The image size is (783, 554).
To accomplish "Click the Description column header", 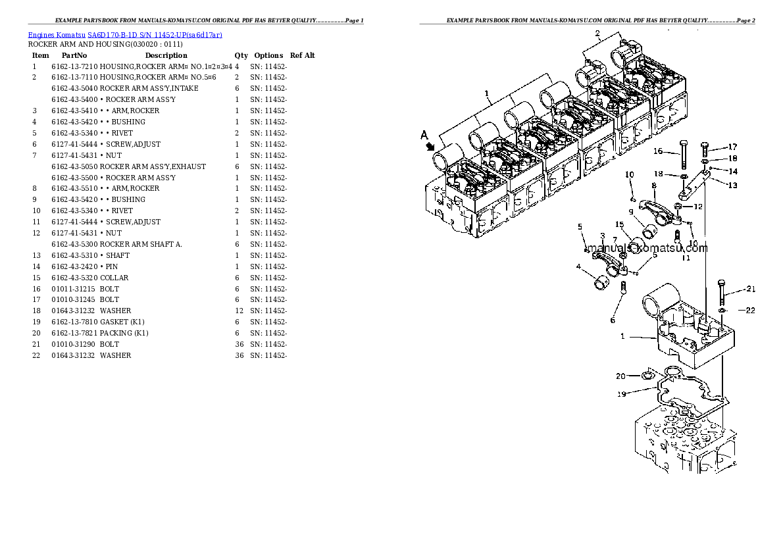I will pos(166,55).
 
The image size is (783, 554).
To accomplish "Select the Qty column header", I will pos(241,55).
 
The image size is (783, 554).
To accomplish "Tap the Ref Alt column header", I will pos(302,55).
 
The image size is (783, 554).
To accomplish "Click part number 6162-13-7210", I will pos(74,66).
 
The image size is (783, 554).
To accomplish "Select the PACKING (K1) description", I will pos(124,333).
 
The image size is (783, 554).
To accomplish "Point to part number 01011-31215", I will pos(72,289).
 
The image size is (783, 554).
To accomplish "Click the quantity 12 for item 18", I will pos(237,311).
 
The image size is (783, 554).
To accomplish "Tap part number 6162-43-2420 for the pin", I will pos(74,266).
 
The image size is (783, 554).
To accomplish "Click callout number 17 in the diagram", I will pos(732,147).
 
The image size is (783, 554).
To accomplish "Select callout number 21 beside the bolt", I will pos(751,290).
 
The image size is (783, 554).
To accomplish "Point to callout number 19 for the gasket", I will pos(620,393).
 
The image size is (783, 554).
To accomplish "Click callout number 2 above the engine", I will pos(597,34).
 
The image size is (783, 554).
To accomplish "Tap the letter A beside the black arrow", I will pos(424,135).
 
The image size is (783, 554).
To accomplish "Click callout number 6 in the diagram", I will pos(613,320).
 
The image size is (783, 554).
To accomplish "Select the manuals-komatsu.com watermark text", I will pos(647,248).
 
